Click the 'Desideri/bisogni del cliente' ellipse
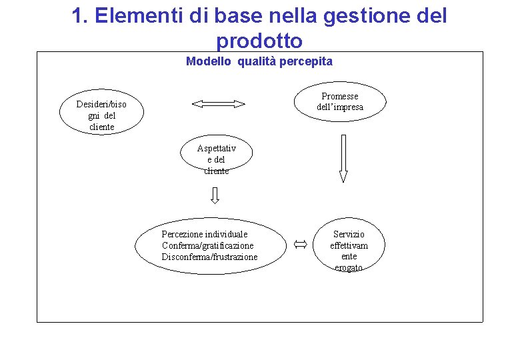(x=101, y=115)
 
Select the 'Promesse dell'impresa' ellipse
(x=339, y=101)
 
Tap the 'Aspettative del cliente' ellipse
(x=217, y=159)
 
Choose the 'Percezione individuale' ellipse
(x=209, y=245)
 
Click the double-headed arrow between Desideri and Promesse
(x=218, y=103)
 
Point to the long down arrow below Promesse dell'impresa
(x=343, y=159)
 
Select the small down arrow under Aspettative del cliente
(x=215, y=195)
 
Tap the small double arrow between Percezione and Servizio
(x=299, y=245)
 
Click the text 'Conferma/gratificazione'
(x=207, y=245)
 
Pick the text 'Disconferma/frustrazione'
(x=209, y=257)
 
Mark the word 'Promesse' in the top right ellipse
(x=340, y=96)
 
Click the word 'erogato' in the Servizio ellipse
(x=349, y=267)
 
